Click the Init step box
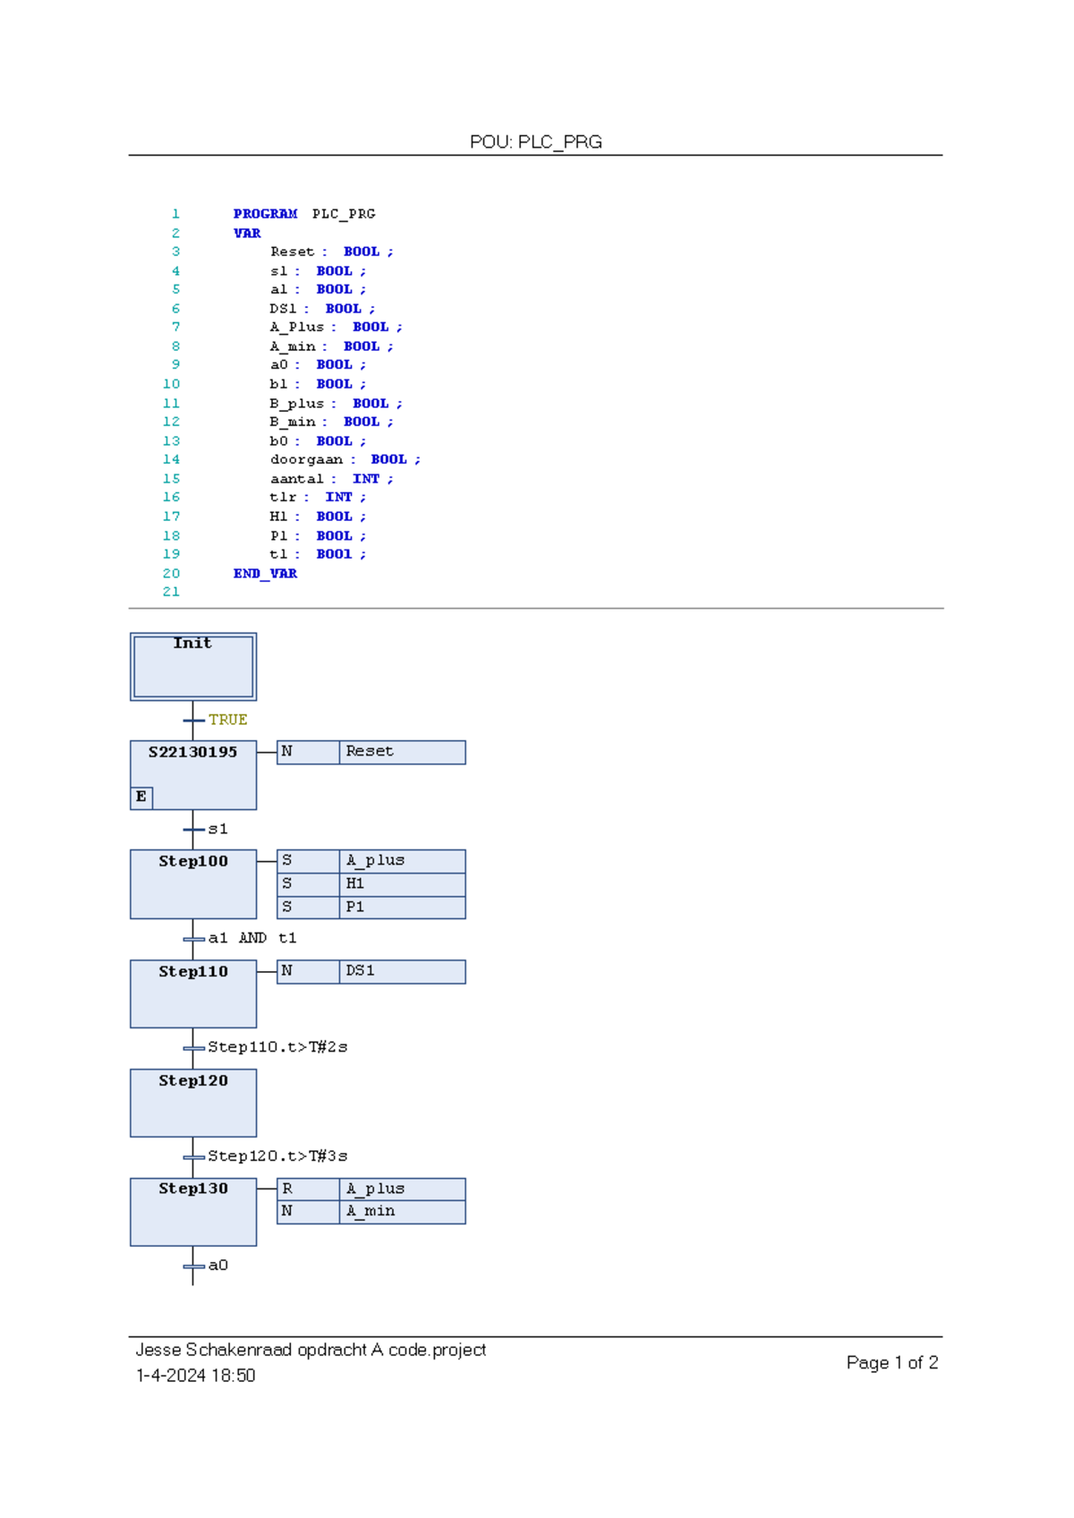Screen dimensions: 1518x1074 (193, 667)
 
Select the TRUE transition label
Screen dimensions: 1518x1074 (227, 720)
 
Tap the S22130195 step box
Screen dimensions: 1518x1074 (193, 775)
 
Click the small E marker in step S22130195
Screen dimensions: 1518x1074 (141, 797)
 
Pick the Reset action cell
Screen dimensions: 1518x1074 (402, 752)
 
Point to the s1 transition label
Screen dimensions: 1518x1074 (217, 829)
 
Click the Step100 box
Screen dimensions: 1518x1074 (193, 884)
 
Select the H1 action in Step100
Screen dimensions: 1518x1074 (402, 883)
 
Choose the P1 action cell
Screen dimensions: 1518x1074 (402, 907)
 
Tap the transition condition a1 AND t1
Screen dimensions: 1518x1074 (251, 938)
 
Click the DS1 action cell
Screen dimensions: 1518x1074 (402, 971)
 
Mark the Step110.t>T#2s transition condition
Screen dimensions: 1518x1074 (277, 1047)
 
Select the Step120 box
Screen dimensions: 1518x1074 (193, 1103)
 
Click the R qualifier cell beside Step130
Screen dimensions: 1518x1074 (308, 1189)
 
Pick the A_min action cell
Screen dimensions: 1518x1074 (402, 1211)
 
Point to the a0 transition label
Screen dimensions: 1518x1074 (217, 1265)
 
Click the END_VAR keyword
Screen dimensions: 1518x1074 (265, 574)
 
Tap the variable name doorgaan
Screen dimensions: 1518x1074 (306, 460)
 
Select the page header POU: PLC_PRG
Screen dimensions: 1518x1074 (535, 141)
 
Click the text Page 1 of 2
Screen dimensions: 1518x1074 (891, 1362)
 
